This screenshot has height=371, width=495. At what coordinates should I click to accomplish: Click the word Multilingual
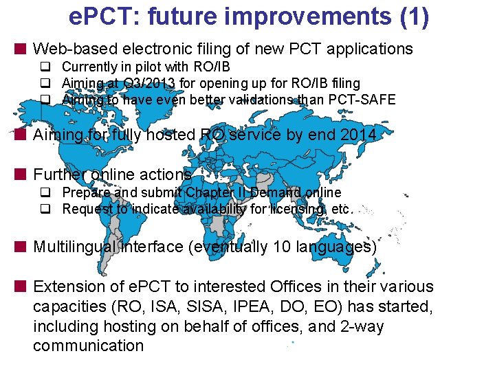(75, 247)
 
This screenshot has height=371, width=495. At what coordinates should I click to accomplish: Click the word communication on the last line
(88, 346)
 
